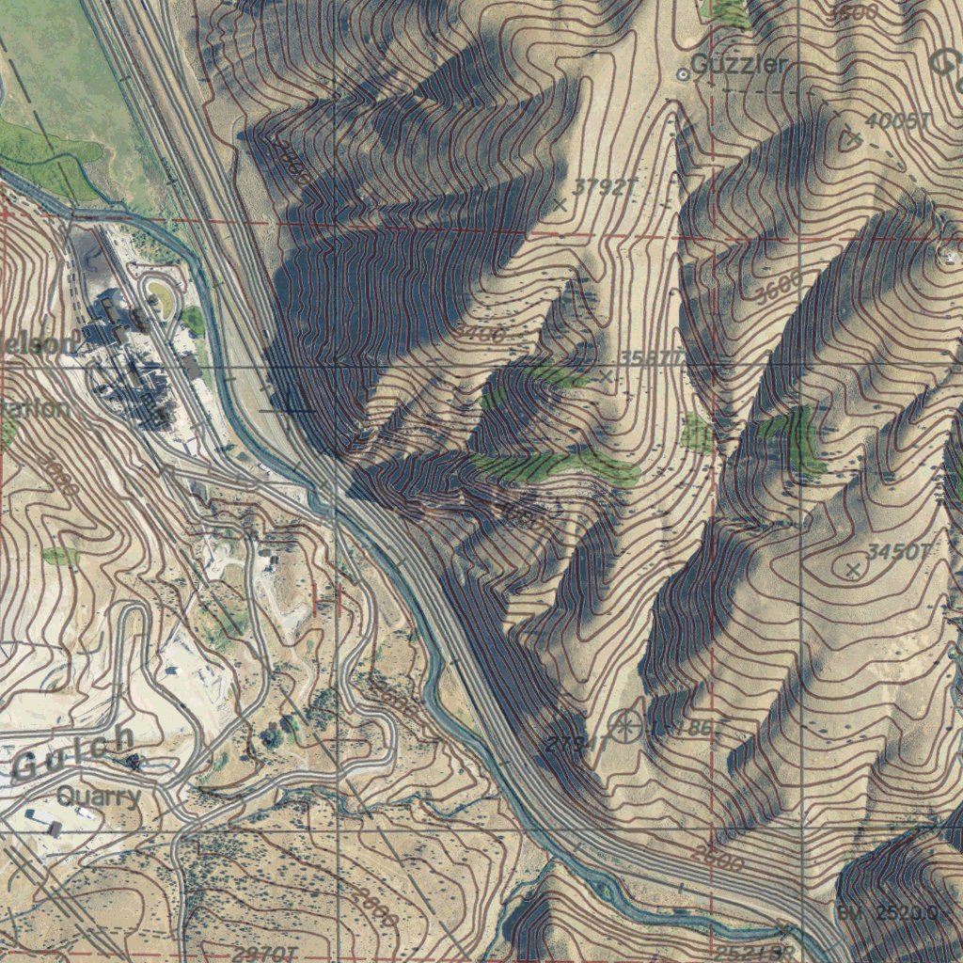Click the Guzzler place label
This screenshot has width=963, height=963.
(x=739, y=64)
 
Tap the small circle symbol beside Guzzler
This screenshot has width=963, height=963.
(x=684, y=72)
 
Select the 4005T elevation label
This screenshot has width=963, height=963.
(x=897, y=122)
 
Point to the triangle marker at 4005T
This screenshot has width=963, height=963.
(x=850, y=139)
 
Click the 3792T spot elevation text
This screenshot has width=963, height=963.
(x=598, y=187)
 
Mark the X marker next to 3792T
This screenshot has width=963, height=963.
(x=560, y=204)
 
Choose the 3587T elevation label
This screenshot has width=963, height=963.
(x=649, y=359)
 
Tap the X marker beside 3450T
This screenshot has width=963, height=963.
(x=853, y=569)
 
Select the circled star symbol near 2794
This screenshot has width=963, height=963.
(x=624, y=726)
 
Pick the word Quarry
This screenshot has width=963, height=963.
(x=98, y=797)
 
